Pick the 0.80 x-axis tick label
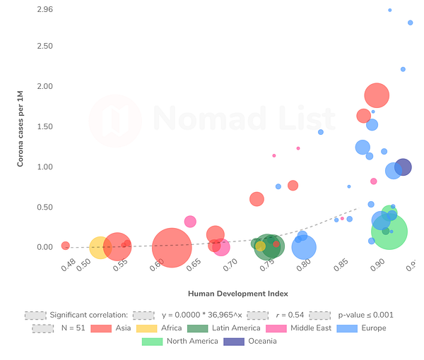pos(302,266)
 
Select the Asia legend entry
pos(122,328)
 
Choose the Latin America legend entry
pos(229,328)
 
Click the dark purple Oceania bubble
pos(403,167)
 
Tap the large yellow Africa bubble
pos(100,247)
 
